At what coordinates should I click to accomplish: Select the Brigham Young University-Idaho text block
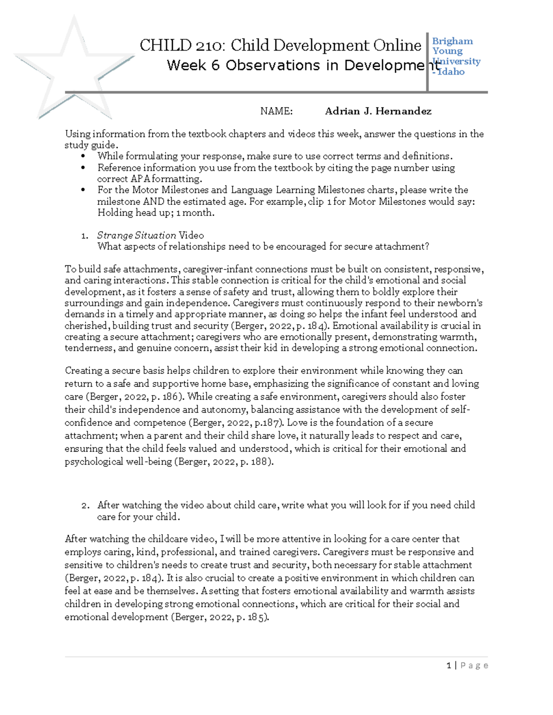click(x=455, y=56)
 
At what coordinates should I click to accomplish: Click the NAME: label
click(x=276, y=111)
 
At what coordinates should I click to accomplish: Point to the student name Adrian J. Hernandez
click(x=378, y=111)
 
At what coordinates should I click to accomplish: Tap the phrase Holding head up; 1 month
click(x=156, y=213)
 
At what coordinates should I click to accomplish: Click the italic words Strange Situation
click(x=136, y=235)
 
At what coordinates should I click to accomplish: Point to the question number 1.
click(x=84, y=236)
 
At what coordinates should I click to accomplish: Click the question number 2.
click(x=85, y=506)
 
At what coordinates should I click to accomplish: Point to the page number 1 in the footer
click(x=449, y=665)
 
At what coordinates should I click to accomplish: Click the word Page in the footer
click(x=474, y=665)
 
